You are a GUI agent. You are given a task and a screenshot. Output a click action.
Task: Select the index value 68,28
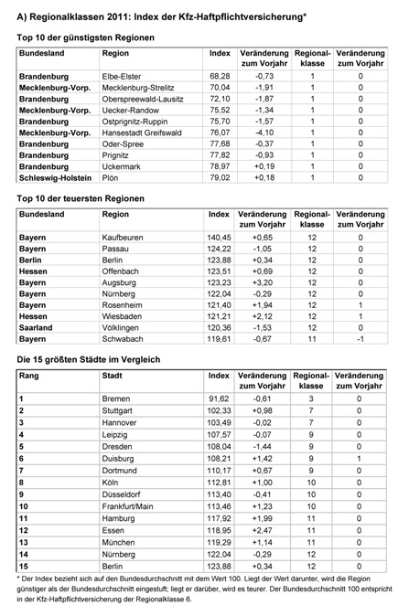(x=220, y=75)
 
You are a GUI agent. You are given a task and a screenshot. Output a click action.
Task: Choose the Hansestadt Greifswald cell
(x=142, y=132)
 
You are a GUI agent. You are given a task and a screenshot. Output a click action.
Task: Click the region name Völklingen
(x=124, y=326)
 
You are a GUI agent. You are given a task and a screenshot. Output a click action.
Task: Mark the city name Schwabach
(x=125, y=338)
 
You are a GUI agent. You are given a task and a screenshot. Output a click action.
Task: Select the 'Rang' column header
(x=29, y=376)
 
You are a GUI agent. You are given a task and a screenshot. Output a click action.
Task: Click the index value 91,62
(x=220, y=399)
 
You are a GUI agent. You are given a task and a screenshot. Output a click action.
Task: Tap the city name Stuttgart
(x=120, y=411)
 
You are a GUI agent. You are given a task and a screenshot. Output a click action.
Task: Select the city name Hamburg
(x=121, y=517)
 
